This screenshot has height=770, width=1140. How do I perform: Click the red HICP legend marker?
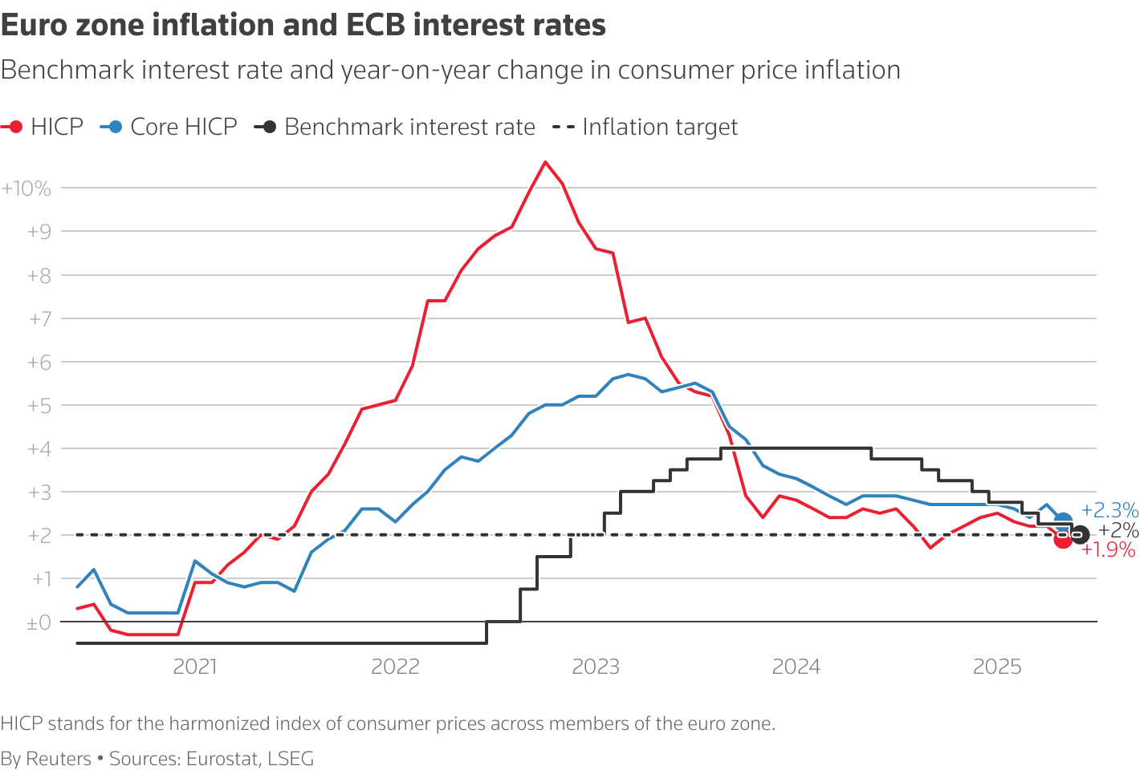point(15,127)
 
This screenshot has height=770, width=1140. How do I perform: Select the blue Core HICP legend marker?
point(115,127)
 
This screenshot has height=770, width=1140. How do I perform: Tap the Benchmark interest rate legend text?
point(409,127)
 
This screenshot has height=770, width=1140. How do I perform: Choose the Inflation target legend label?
point(660,127)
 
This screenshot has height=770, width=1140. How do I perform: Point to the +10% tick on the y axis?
point(26,188)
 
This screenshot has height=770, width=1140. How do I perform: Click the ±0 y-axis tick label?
point(38,622)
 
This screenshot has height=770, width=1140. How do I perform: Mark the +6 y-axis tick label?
point(39,363)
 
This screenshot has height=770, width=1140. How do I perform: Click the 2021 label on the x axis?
point(195,667)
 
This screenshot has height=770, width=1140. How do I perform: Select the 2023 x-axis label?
point(596,667)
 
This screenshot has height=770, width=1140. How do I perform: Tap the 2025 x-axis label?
point(996,667)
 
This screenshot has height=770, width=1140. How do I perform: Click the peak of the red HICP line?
point(545,162)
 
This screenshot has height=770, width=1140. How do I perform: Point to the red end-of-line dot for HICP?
point(1063,540)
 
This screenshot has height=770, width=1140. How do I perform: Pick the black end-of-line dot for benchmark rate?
point(1080,534)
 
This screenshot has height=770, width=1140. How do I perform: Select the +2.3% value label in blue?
point(1109,510)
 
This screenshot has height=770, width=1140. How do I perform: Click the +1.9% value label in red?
point(1108,550)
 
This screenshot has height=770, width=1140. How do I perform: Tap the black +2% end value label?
point(1118,530)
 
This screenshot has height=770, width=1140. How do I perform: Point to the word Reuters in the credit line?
point(59,759)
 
